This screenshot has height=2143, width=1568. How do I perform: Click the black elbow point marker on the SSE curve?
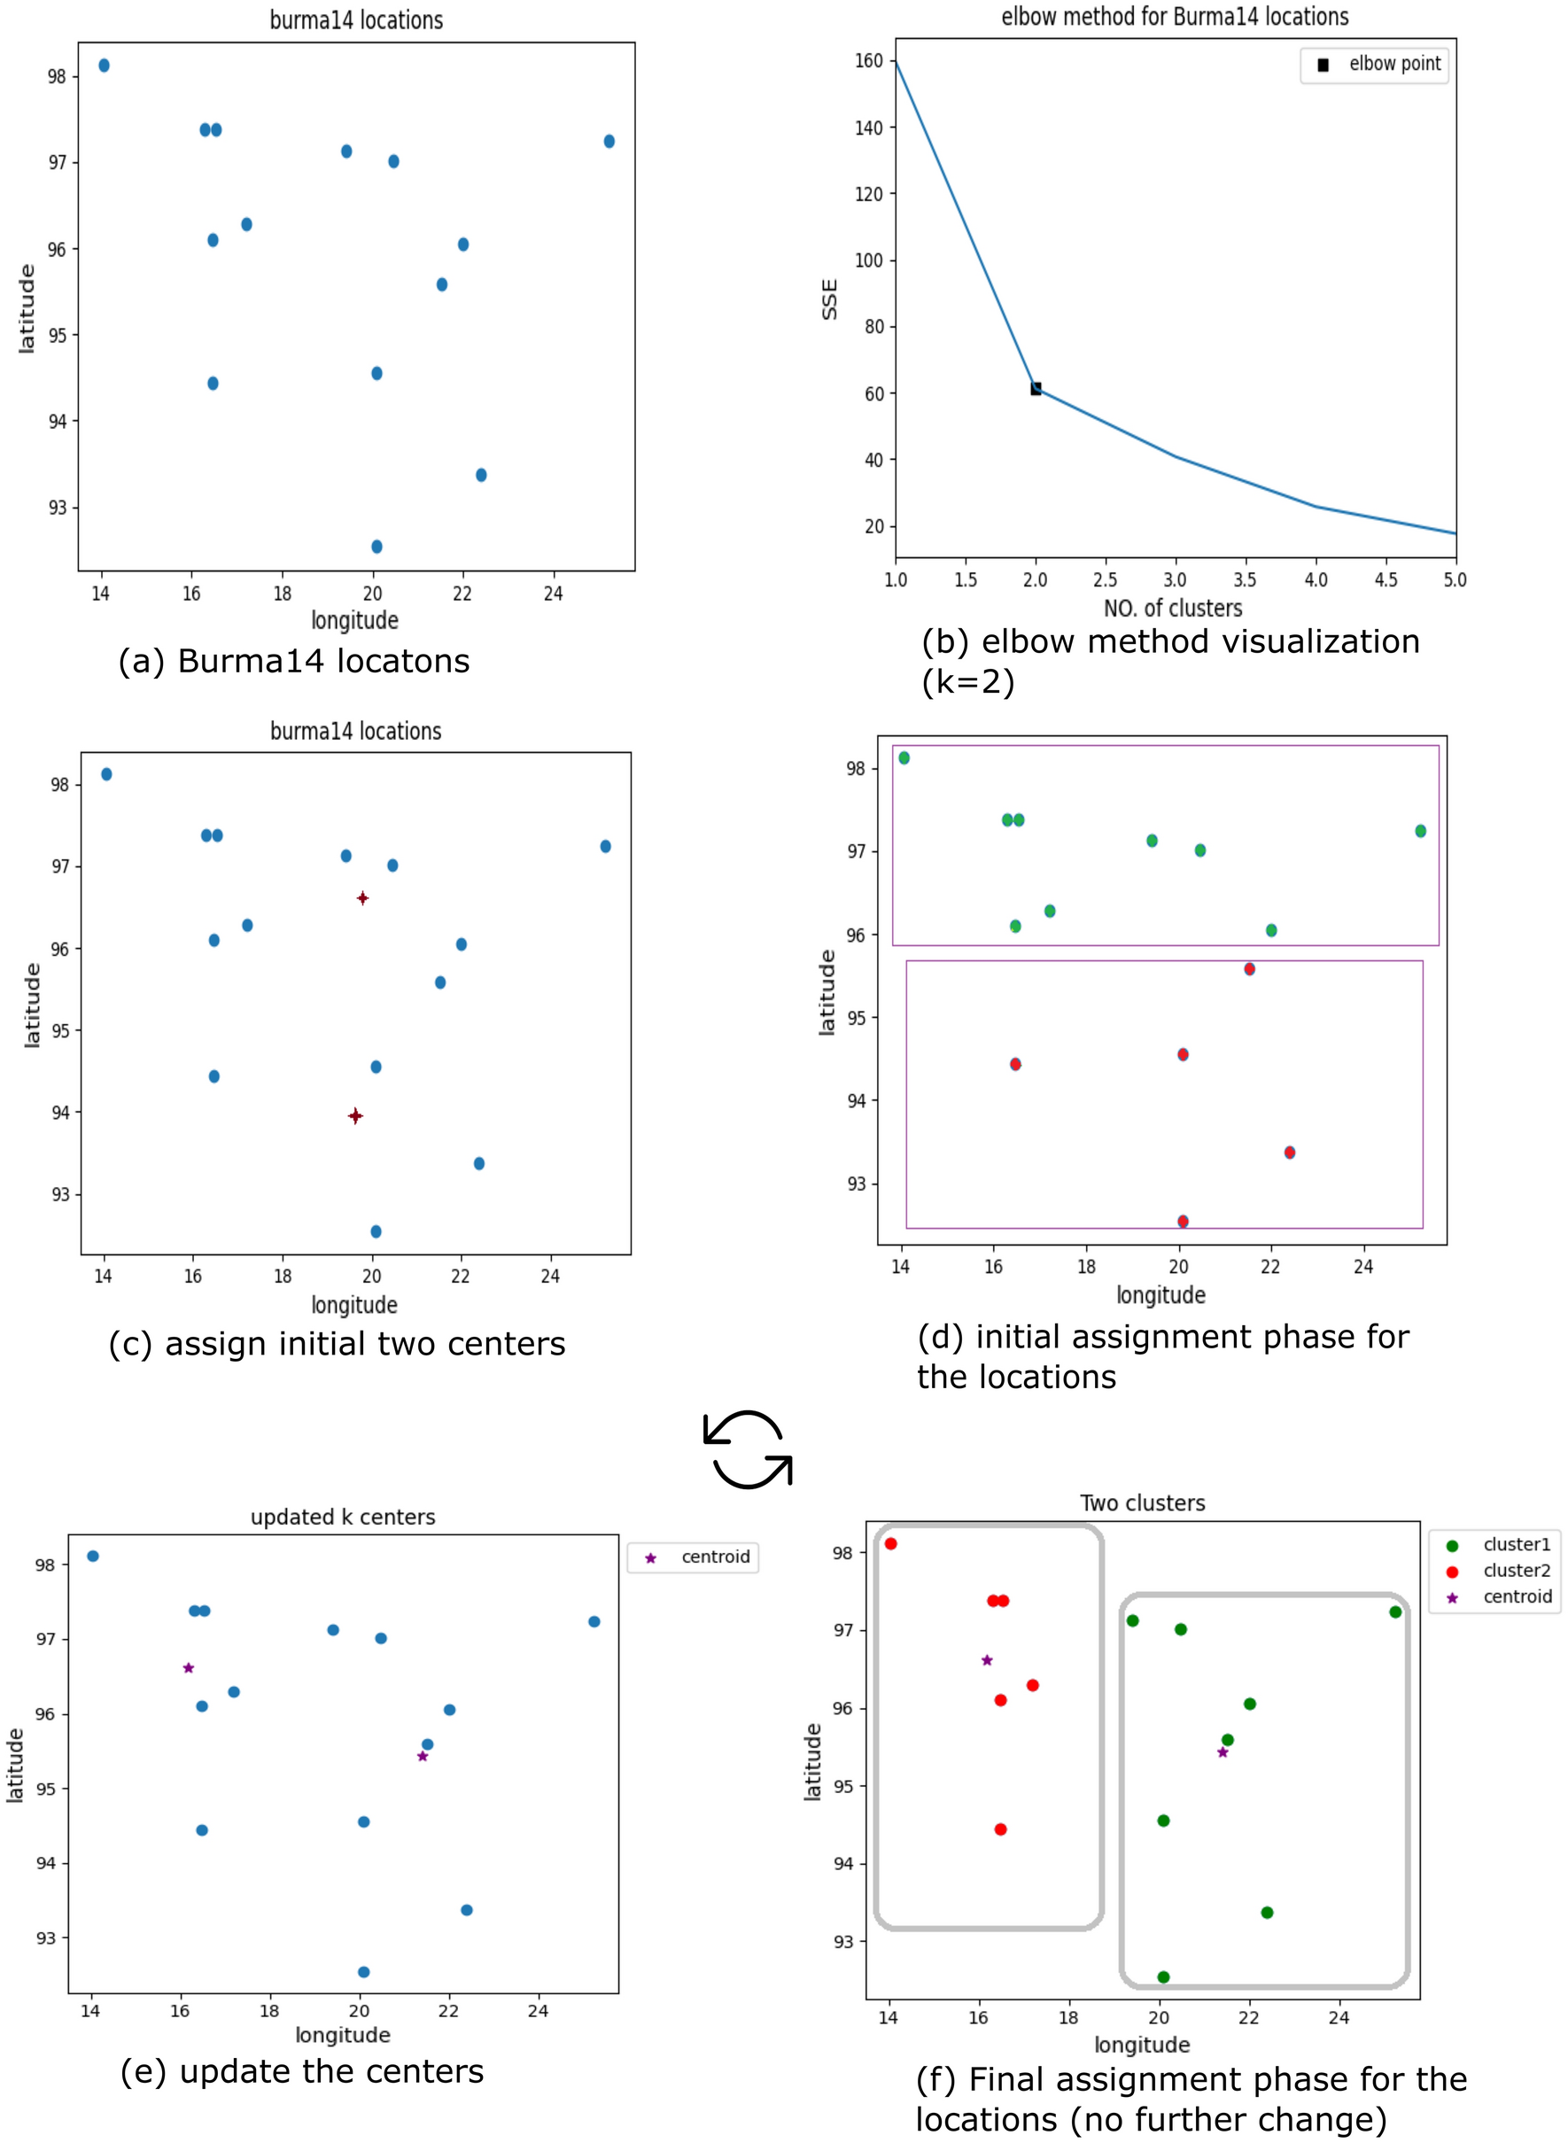[1036, 388]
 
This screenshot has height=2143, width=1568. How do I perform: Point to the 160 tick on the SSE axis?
[868, 61]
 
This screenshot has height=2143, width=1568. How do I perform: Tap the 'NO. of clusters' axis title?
[1172, 608]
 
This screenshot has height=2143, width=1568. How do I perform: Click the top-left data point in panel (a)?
[105, 66]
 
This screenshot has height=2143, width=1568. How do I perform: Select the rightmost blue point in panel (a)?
[609, 142]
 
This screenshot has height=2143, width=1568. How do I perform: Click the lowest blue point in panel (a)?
[376, 547]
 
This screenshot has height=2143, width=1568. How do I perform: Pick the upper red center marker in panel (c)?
[362, 897]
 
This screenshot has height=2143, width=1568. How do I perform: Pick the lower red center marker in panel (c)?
[355, 1116]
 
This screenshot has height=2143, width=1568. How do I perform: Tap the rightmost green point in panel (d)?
[1420, 830]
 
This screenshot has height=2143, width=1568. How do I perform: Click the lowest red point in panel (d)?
[1183, 1222]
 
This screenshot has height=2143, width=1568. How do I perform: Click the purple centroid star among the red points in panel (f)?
[987, 1660]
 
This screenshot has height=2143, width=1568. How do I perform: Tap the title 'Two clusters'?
[1143, 1503]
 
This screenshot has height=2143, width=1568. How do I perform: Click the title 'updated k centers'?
[343, 1517]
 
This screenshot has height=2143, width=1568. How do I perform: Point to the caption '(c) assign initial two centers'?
[337, 1344]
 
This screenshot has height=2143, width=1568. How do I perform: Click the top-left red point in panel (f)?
[890, 1544]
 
